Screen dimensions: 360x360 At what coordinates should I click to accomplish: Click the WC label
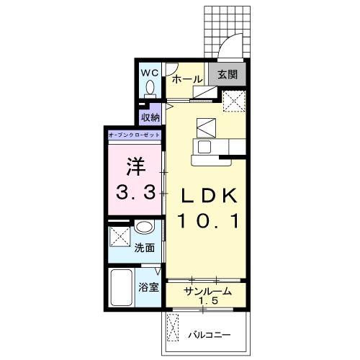(x=150, y=73)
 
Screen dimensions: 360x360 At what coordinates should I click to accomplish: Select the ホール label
(x=187, y=79)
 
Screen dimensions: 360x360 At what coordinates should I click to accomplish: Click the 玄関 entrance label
(x=228, y=75)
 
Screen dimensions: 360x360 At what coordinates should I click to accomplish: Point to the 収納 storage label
(x=150, y=117)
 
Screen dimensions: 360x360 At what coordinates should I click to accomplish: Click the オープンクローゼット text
(x=134, y=135)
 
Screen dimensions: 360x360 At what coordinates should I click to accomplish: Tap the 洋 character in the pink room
(x=136, y=166)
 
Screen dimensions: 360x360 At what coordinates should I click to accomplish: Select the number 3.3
(x=135, y=193)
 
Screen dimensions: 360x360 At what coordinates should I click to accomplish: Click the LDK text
(x=209, y=196)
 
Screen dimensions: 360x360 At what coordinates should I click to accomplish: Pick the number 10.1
(x=209, y=221)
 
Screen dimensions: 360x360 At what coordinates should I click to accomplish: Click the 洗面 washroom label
(x=144, y=248)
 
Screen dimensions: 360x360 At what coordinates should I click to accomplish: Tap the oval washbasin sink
(x=143, y=227)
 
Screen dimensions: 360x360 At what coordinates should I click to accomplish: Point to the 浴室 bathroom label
(x=148, y=287)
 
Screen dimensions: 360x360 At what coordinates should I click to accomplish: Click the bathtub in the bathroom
(x=122, y=287)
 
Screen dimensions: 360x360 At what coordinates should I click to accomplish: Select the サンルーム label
(x=208, y=292)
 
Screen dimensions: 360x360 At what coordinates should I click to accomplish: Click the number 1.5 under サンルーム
(x=208, y=300)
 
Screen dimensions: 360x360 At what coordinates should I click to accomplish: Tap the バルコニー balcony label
(x=210, y=335)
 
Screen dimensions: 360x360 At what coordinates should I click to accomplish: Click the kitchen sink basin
(x=204, y=147)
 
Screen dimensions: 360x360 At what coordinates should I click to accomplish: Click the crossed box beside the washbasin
(x=120, y=236)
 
